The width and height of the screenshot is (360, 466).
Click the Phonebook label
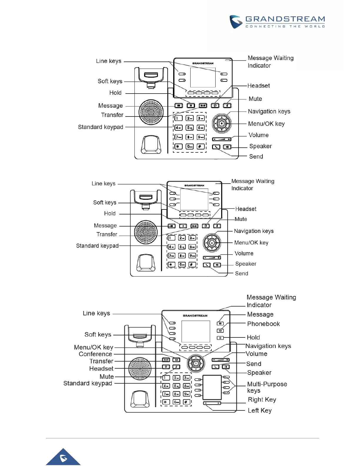click(263, 324)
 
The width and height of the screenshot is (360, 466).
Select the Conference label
click(95, 354)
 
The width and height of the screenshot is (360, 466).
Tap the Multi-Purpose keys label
click(267, 387)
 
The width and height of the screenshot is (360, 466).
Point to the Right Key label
click(262, 400)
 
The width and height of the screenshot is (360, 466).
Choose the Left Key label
click(259, 410)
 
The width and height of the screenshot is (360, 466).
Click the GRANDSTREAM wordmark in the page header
click(285, 19)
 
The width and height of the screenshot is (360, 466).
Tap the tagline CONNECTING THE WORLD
click(285, 26)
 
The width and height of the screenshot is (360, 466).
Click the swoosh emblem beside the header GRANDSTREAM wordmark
click(236, 22)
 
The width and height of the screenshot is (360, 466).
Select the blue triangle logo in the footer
click(63, 457)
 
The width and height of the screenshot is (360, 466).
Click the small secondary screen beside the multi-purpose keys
click(212, 387)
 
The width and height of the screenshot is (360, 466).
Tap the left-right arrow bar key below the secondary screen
click(212, 403)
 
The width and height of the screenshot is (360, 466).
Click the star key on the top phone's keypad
click(178, 146)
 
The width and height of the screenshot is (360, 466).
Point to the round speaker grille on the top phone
click(151, 112)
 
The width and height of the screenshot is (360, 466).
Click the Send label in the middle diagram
click(241, 274)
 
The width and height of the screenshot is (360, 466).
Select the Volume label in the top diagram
click(259, 135)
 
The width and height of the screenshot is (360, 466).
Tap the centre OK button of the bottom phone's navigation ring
click(196, 364)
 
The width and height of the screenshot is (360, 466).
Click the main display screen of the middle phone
click(194, 199)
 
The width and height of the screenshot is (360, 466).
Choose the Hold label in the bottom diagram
click(253, 337)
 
